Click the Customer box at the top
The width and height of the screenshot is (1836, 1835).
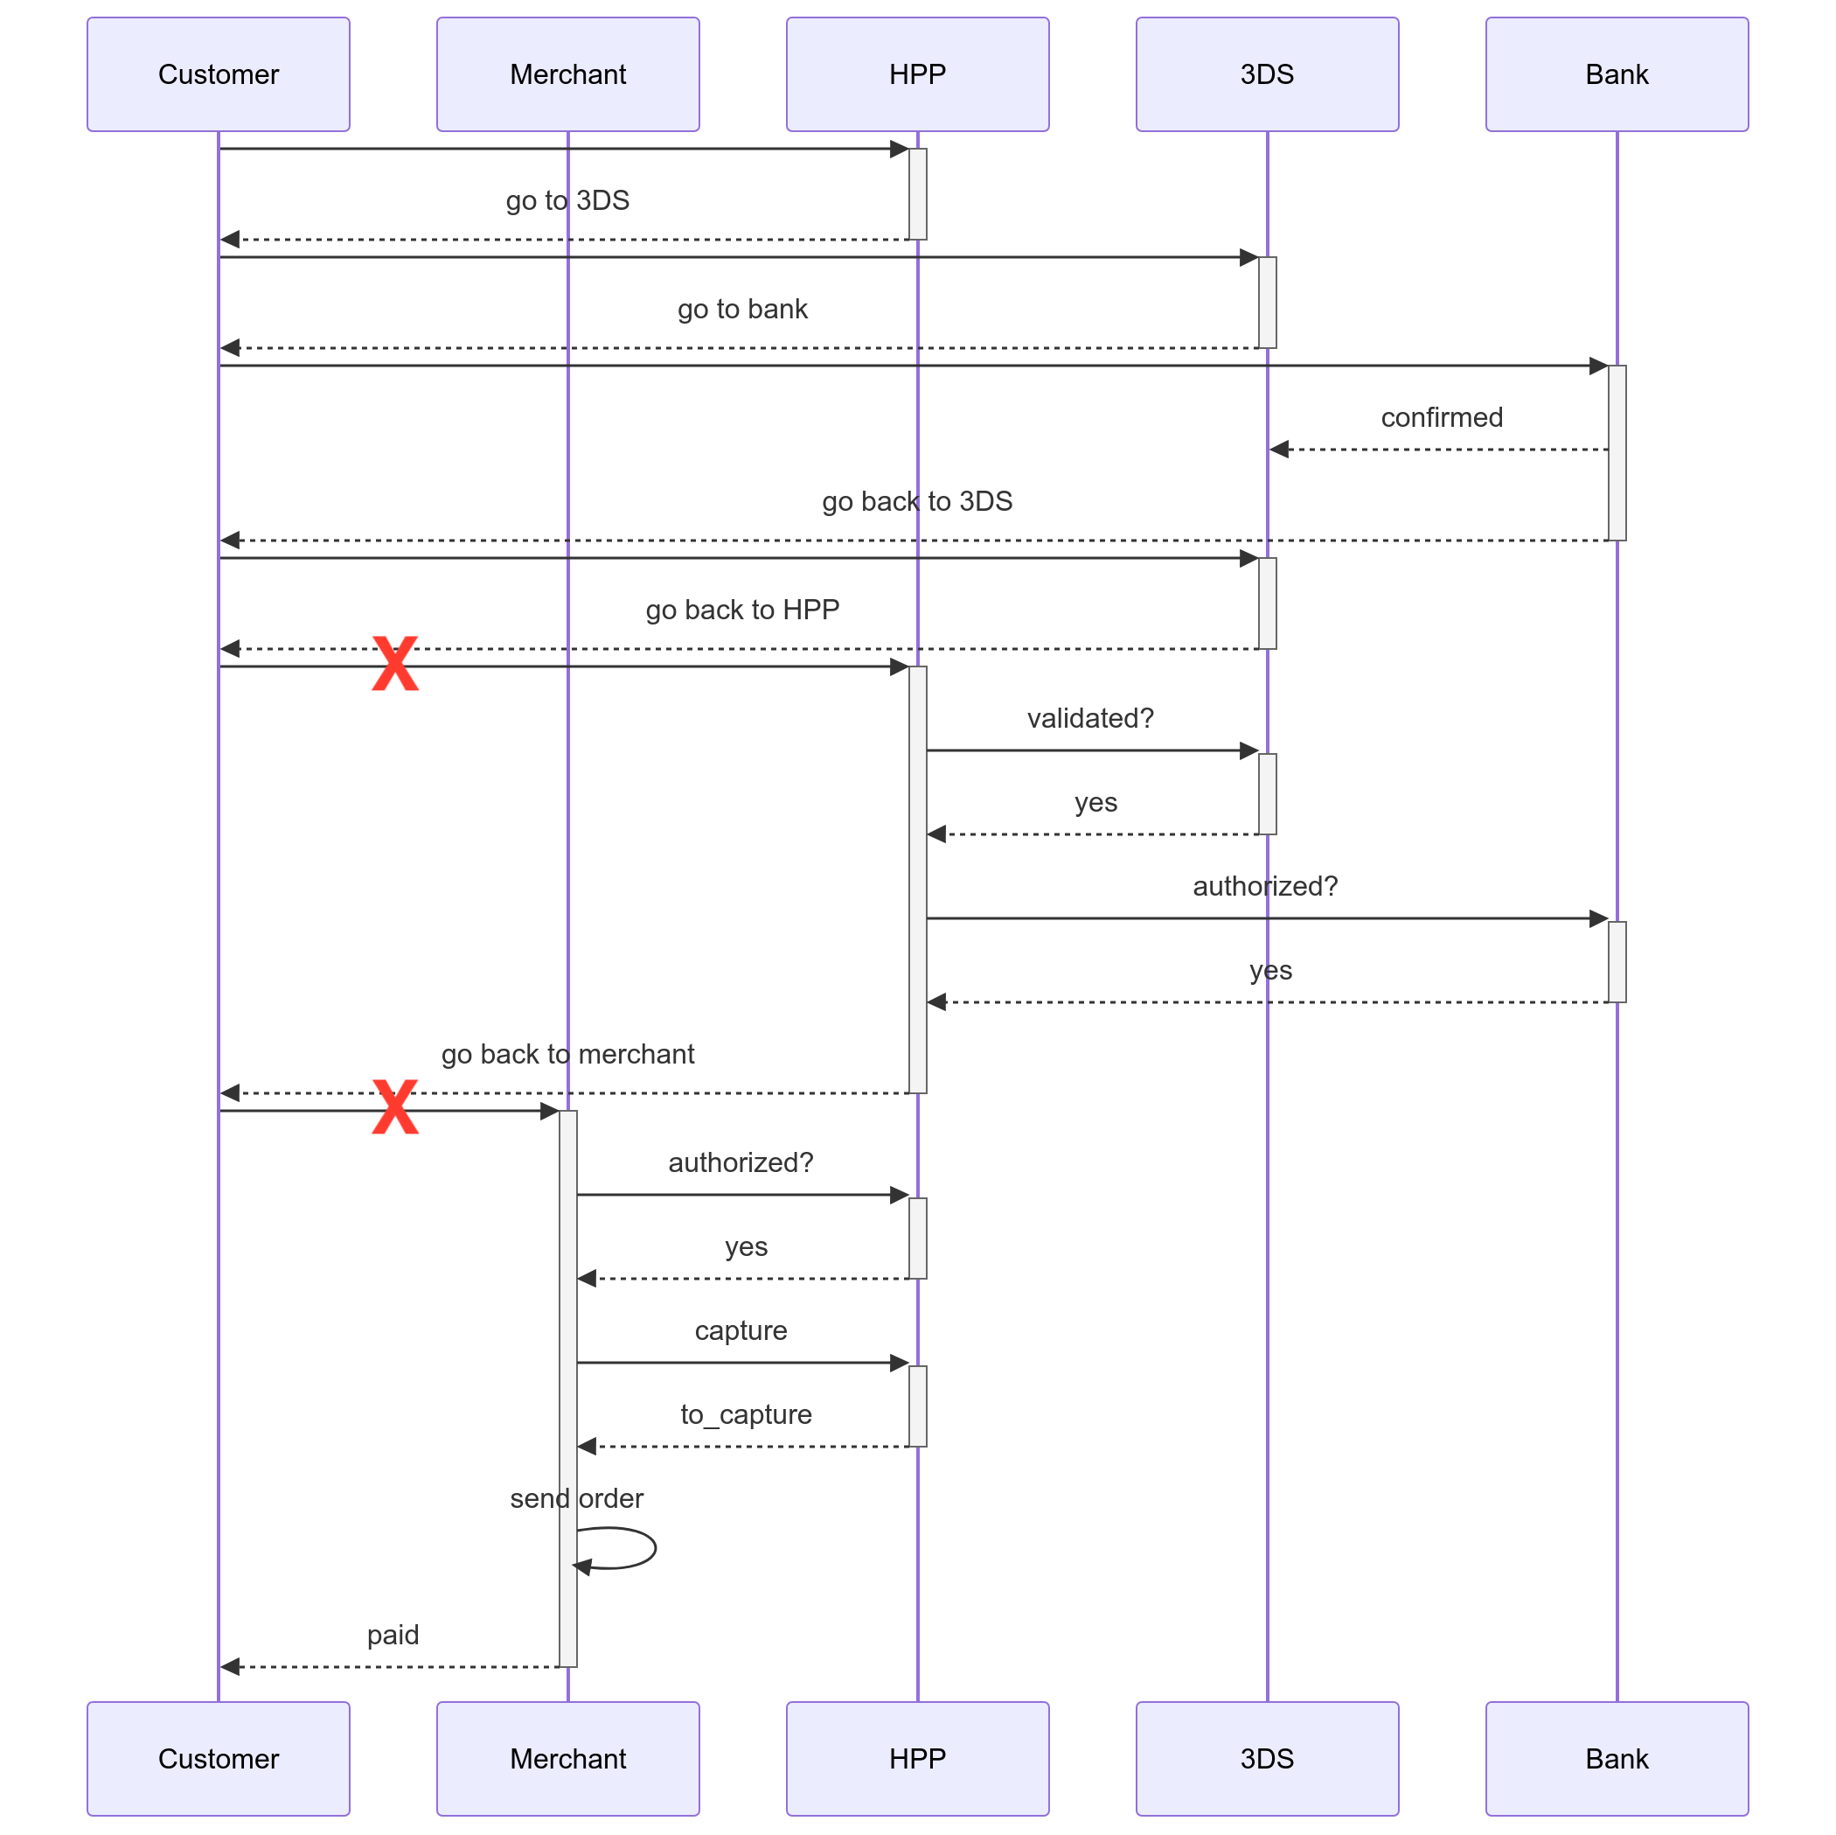[x=219, y=74]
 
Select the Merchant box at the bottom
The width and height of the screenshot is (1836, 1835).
[x=568, y=1759]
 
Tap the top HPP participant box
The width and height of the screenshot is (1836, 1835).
[x=918, y=74]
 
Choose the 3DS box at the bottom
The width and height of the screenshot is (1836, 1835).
[x=1268, y=1759]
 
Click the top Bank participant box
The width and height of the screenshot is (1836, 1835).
[x=1617, y=74]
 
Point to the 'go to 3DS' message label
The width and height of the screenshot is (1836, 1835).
[x=568, y=200]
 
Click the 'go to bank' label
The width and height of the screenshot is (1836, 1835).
[x=743, y=309]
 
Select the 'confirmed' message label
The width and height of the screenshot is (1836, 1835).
[x=1443, y=417]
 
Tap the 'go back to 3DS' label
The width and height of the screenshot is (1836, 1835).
[x=918, y=501]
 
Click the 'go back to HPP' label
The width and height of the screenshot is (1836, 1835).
[x=743, y=610]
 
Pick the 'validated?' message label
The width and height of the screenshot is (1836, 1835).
[x=1091, y=718]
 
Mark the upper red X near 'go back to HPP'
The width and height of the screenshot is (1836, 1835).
[x=395, y=663]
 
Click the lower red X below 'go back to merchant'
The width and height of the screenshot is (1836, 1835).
[x=395, y=1106]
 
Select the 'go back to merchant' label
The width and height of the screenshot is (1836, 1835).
[x=568, y=1055]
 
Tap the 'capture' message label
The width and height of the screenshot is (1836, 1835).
[x=741, y=1331]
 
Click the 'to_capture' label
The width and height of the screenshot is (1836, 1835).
[x=746, y=1415]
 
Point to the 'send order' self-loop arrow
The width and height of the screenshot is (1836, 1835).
[x=655, y=1548]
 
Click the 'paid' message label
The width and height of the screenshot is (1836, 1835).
[x=393, y=1635]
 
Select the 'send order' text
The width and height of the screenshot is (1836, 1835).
[x=577, y=1498]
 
